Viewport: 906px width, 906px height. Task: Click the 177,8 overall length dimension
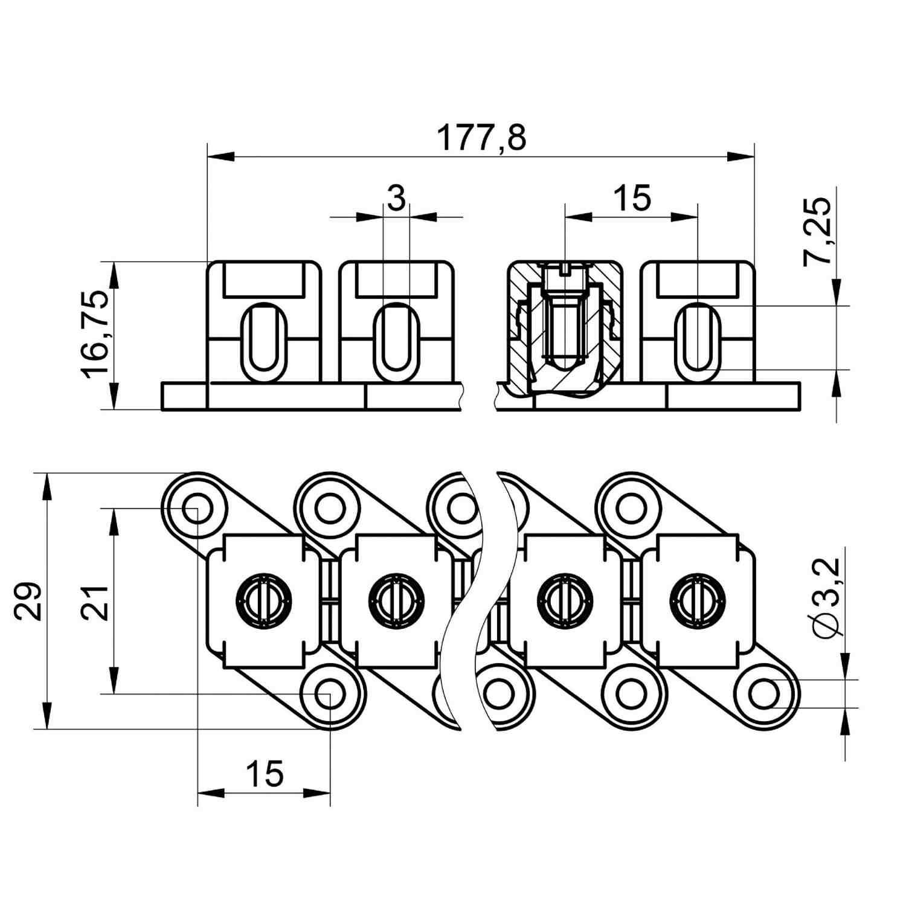[481, 138]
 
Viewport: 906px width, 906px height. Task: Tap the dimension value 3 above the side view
[396, 199]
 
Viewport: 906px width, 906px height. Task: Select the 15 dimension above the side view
[632, 198]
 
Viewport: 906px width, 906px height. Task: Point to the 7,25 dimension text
[817, 232]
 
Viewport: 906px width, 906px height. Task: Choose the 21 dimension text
[95, 602]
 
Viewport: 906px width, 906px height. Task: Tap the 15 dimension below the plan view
[265, 774]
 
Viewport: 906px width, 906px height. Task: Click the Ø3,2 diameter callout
[826, 598]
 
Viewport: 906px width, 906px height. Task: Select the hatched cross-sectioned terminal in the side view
[564, 330]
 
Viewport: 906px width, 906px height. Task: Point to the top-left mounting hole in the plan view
[198, 507]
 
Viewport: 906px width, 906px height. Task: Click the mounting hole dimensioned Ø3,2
[765, 694]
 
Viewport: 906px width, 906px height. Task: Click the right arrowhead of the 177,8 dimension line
[741, 157]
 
